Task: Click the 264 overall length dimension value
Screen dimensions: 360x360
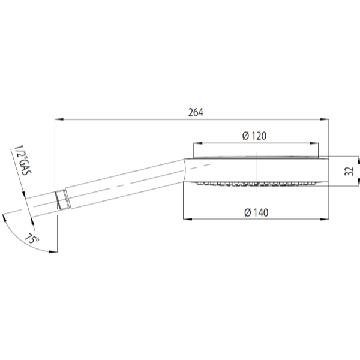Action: click(196, 113)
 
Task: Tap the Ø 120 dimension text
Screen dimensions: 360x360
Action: click(254, 136)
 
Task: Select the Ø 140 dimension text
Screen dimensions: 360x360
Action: click(256, 212)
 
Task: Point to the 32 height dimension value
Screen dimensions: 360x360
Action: click(349, 171)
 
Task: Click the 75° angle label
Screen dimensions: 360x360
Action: click(32, 239)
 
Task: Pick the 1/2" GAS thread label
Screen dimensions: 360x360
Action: click(23, 160)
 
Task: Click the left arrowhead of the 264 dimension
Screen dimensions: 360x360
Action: click(59, 119)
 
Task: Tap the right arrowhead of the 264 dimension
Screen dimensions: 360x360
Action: click(324, 119)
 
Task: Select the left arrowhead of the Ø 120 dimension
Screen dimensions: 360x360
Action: click(198, 143)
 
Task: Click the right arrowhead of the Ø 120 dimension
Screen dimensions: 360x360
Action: click(314, 143)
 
